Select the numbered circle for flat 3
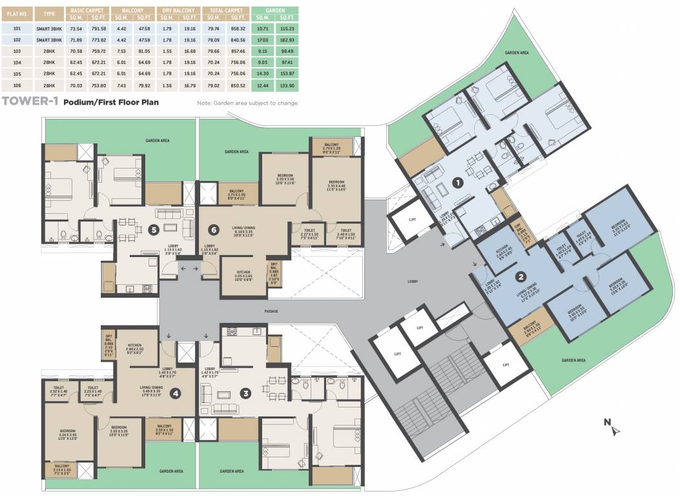pos(245,392)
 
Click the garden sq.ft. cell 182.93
pos(287,39)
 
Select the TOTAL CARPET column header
pos(225,12)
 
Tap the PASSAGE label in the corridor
pos(271,311)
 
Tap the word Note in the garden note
pos(204,103)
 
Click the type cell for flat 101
pos(45,29)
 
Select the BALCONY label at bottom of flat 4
pos(164,426)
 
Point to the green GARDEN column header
pos(274,12)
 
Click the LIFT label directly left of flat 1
pos(412,220)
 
